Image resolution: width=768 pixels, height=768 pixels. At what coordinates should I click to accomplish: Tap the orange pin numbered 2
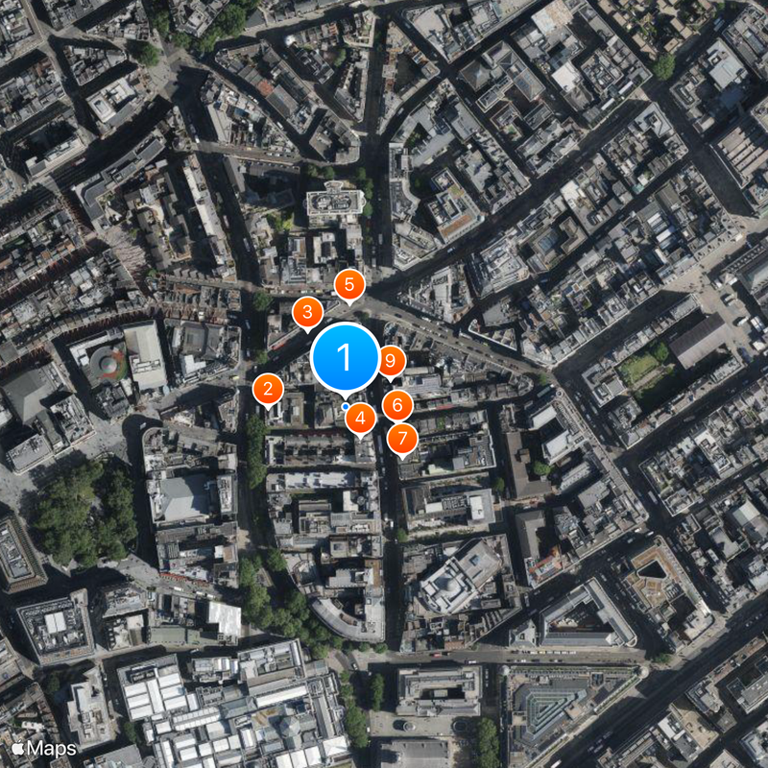point(267,389)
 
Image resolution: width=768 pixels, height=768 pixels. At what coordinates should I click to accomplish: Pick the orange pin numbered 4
point(360,418)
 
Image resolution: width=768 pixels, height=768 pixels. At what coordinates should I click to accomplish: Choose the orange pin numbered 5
point(349,284)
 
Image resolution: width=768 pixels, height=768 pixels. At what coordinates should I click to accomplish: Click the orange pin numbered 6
point(397,405)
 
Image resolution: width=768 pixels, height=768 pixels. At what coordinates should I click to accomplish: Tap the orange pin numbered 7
point(403,439)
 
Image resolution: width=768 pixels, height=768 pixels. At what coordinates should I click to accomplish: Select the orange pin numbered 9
point(390,361)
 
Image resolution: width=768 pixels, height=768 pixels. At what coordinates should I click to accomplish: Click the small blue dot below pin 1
point(346,406)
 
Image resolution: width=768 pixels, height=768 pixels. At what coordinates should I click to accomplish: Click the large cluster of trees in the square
point(86,509)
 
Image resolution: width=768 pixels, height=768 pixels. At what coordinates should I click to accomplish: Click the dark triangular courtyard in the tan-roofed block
point(654,572)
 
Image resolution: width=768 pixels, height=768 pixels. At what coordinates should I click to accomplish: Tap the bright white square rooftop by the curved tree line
point(225,619)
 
